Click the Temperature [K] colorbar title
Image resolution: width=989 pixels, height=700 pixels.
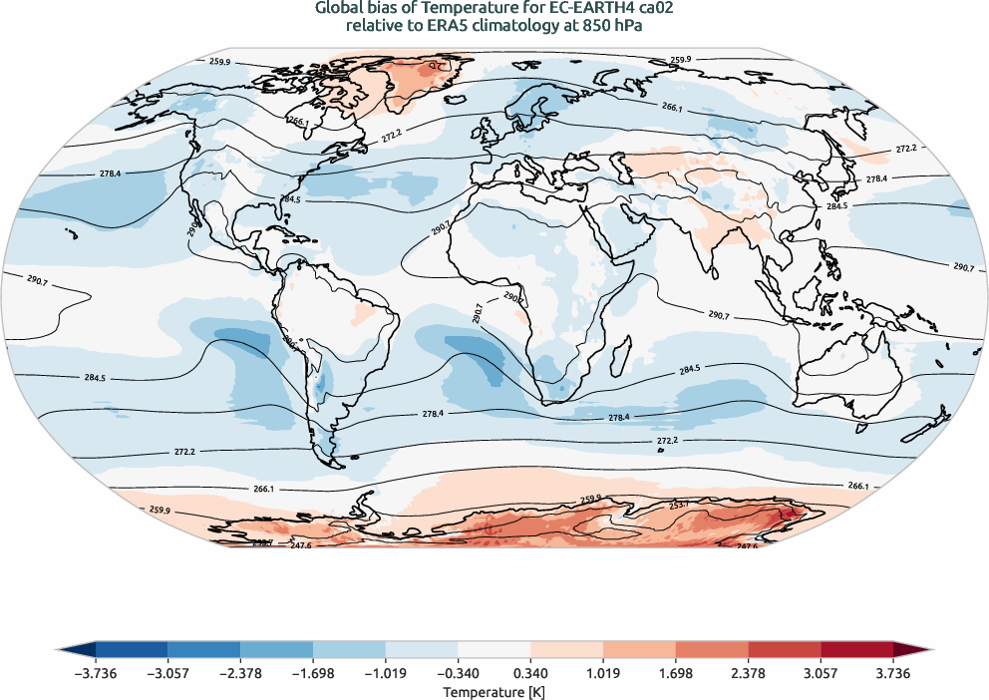pyautogui.click(x=494, y=691)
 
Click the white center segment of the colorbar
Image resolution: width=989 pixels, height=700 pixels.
pyautogui.click(x=494, y=649)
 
